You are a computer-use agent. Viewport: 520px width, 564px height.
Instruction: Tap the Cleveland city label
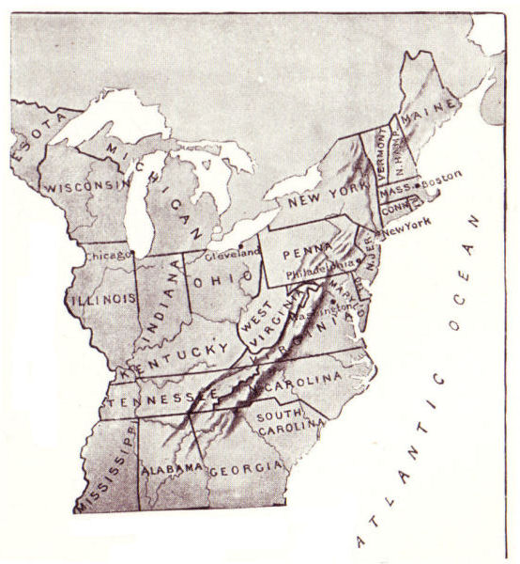coord(240,254)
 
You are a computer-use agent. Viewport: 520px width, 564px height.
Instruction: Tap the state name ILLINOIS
coord(103,298)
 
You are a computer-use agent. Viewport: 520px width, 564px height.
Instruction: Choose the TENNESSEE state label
coord(152,400)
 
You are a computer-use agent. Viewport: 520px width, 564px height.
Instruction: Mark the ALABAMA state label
coord(172,467)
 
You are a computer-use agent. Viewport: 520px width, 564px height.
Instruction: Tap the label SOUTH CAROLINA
coord(279,424)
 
